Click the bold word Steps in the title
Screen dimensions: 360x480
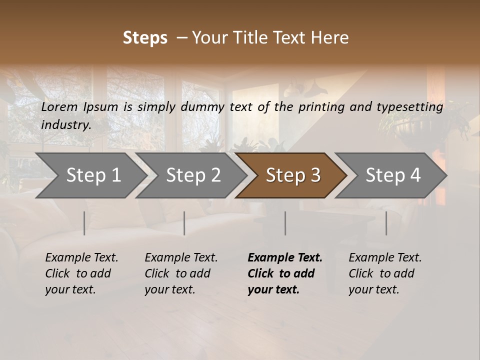click(x=145, y=38)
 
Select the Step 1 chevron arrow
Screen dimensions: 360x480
click(x=90, y=175)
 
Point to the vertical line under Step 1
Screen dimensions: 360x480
click(x=84, y=223)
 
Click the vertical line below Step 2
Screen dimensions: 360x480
click(x=184, y=223)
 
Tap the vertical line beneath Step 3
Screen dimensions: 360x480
click(x=285, y=223)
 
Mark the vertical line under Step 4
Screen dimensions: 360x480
click(x=386, y=223)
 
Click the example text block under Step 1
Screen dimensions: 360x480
click(x=81, y=273)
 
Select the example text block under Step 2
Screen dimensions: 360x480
click(x=181, y=273)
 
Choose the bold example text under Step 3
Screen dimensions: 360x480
click(x=285, y=273)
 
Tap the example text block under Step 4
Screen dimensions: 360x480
click(x=385, y=273)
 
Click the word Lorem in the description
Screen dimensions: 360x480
click(x=59, y=107)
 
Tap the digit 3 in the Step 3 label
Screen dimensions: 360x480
click(x=315, y=175)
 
